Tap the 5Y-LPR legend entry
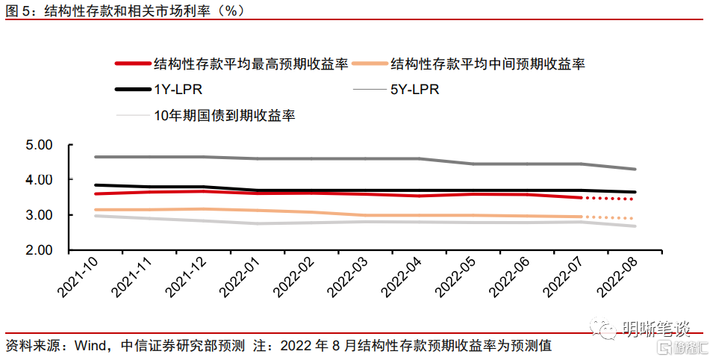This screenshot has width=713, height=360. (x=414, y=90)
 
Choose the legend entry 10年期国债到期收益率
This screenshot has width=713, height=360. (x=225, y=115)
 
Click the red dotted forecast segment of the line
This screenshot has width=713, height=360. (x=609, y=199)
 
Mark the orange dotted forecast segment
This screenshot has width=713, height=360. (x=609, y=218)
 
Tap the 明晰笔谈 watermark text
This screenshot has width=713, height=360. (x=657, y=327)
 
